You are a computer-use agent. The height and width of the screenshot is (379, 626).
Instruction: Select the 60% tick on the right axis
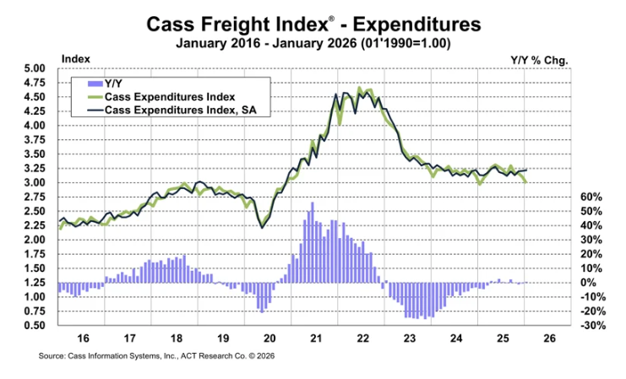579,197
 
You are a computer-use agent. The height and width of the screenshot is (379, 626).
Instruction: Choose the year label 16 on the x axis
83,339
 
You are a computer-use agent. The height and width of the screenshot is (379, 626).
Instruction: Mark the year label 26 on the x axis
548,339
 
